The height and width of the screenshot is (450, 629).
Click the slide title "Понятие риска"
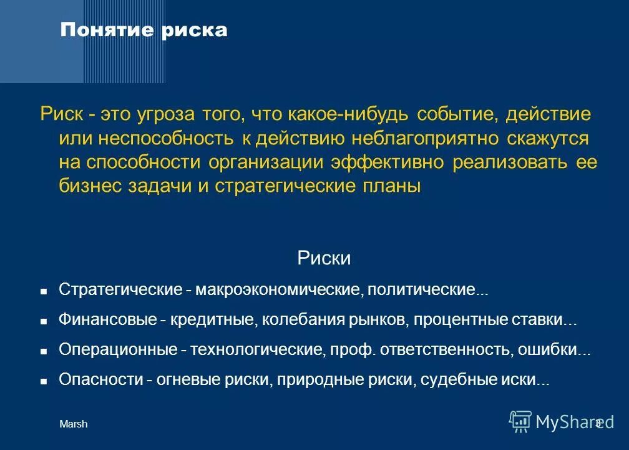click(144, 30)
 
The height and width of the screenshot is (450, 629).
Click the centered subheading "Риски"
click(324, 258)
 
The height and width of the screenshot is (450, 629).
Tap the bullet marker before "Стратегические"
click(44, 291)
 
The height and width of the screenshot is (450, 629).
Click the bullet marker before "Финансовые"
click(44, 321)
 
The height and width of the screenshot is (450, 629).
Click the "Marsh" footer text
click(73, 424)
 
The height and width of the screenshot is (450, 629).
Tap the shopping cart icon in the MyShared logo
click(519, 421)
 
